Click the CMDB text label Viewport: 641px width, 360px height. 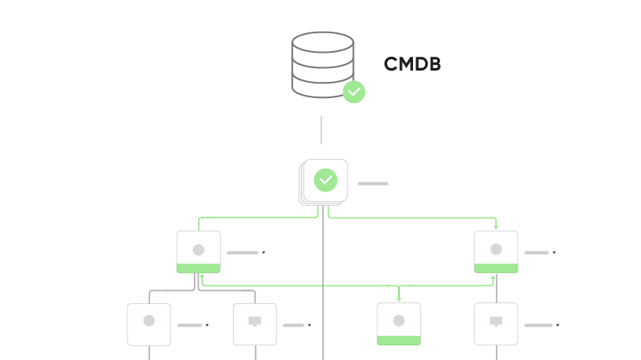(412, 65)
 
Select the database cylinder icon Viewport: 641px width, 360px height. (322, 64)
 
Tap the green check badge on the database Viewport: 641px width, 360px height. (354, 92)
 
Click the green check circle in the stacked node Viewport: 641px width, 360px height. (325, 180)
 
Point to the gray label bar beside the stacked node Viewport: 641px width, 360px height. (372, 184)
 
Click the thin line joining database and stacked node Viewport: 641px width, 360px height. (321, 130)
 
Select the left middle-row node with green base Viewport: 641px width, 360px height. (198, 251)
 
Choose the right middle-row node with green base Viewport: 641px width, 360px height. (496, 251)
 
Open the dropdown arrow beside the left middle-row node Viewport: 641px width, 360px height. (264, 253)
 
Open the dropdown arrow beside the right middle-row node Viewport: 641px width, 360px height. (554, 253)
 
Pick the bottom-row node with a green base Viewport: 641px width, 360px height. (398, 324)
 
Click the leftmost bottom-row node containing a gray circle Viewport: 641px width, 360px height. (149, 324)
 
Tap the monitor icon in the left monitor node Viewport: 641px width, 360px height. (255, 321)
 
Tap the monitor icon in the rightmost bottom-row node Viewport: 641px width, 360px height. (496, 321)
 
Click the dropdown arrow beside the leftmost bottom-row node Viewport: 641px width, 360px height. (207, 325)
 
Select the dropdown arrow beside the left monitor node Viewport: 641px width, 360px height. (309, 325)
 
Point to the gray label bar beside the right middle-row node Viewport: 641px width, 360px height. (536, 253)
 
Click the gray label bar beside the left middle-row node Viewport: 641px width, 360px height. (242, 253)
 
